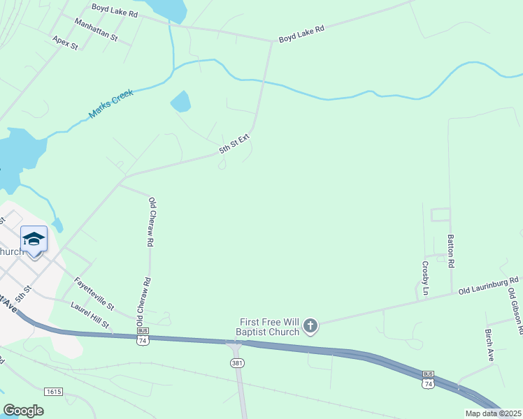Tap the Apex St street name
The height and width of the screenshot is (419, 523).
(x=65, y=43)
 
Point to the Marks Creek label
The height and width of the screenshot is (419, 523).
(x=110, y=103)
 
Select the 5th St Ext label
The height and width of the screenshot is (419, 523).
(x=234, y=145)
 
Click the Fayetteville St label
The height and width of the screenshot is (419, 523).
(x=94, y=294)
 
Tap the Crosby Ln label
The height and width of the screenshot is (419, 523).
(x=425, y=278)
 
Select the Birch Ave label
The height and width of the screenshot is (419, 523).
(x=489, y=345)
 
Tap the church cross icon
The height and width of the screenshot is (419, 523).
(x=310, y=325)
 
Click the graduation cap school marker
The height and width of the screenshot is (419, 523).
(x=34, y=240)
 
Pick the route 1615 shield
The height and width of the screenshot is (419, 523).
(x=53, y=391)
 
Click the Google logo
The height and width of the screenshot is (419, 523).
(x=24, y=411)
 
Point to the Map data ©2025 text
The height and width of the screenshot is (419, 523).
(x=494, y=413)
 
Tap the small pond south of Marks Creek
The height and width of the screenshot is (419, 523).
(x=181, y=102)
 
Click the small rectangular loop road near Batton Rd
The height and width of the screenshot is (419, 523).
(x=440, y=214)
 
